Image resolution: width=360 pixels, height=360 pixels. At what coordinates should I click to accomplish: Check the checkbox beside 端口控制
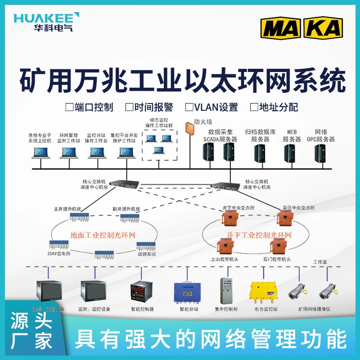(69, 107)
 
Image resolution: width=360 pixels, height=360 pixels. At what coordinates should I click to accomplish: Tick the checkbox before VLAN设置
(189, 107)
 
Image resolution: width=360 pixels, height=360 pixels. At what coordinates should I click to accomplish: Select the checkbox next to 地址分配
(254, 107)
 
